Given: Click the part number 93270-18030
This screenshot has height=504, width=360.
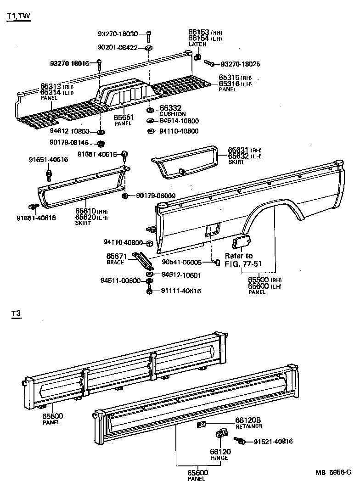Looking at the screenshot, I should point(118,34).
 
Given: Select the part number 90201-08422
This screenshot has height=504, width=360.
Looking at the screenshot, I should point(118,47).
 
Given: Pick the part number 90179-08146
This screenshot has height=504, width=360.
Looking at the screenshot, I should point(70,143).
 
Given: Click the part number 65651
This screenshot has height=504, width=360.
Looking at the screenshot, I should point(123,118).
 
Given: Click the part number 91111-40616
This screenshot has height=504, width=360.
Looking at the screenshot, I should point(180,291).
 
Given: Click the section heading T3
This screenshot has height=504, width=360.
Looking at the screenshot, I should point(17,314).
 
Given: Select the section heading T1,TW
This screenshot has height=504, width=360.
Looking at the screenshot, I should point(19,17).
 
